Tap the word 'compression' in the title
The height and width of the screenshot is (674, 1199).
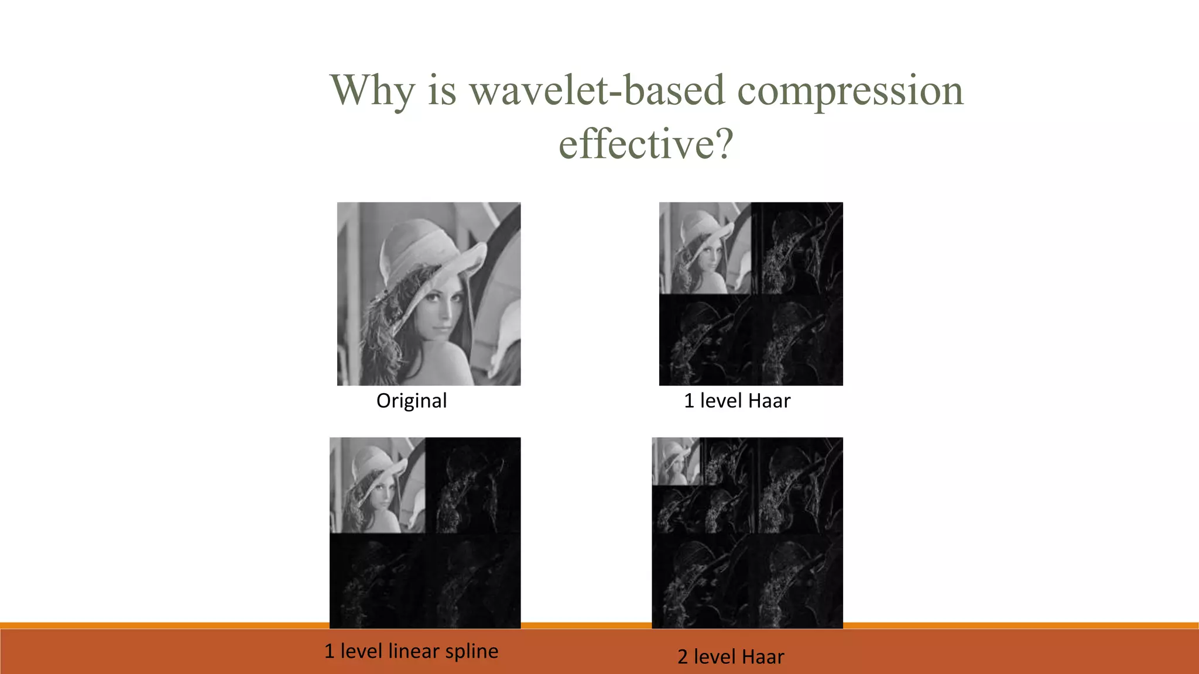coord(849,91)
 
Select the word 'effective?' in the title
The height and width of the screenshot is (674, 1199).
coord(646,144)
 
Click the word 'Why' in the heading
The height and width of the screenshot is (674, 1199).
coord(372,91)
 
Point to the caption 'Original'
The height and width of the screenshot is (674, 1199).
coord(412,401)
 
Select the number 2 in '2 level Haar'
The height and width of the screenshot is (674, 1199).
coord(683,657)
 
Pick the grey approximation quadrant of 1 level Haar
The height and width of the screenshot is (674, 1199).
coord(705,248)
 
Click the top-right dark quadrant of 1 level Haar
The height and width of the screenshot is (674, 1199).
coord(797,248)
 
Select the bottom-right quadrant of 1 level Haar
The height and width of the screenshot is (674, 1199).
coord(797,341)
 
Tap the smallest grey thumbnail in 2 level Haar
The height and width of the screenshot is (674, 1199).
coord(676,461)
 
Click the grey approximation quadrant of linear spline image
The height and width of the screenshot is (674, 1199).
coord(378,485)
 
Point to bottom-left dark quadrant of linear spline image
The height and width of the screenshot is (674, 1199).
coord(378,580)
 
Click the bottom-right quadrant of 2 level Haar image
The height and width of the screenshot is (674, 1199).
coord(795,580)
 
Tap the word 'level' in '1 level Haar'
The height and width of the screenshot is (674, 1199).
coord(721,401)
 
